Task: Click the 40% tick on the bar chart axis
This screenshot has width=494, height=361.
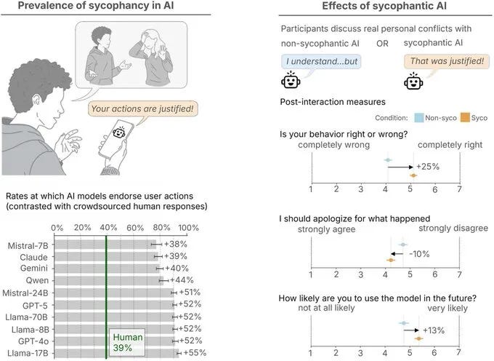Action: pos(107,228)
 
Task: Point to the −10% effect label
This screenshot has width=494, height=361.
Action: pos(421,253)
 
